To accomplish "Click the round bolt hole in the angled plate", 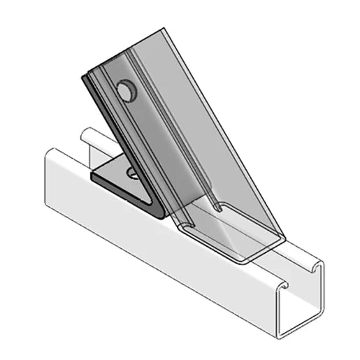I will click(x=126, y=90).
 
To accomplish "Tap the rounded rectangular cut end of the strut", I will click(x=231, y=238).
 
